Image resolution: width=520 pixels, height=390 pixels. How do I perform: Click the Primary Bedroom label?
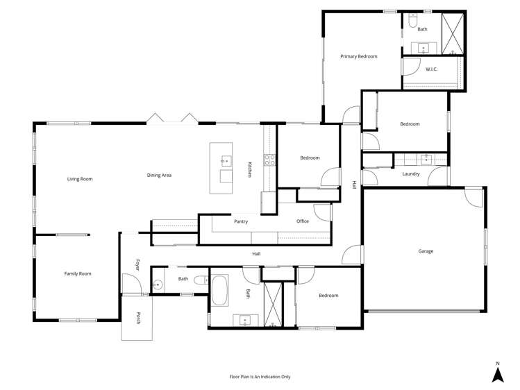tap(358, 56)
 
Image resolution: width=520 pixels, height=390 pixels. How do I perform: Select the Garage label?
tap(426, 251)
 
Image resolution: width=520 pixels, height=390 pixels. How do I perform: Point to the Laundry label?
tap(410, 173)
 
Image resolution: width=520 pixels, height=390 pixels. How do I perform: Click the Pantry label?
tap(241, 221)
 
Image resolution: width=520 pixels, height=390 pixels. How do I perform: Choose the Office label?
tap(303, 221)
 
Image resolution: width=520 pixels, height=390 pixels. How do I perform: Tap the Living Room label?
tap(80, 179)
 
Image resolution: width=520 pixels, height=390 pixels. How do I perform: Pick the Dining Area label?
tap(159, 175)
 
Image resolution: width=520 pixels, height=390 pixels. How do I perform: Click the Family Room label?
tap(78, 273)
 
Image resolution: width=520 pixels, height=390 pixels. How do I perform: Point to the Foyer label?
tap(137, 265)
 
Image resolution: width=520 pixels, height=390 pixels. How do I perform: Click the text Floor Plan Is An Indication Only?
tap(260, 377)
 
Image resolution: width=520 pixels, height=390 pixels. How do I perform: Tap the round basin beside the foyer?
tap(158, 284)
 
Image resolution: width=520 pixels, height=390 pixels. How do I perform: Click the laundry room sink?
tap(426, 160)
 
